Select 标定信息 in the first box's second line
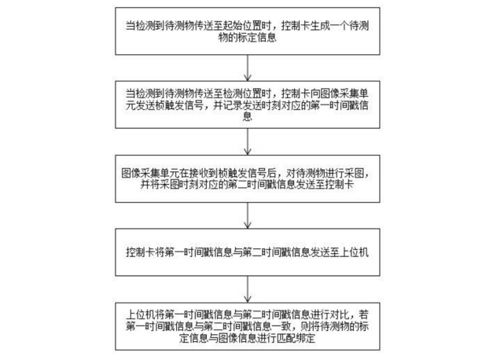257,38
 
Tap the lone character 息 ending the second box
248,116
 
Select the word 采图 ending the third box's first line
354,173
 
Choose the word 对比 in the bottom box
340,314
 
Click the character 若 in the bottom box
364,314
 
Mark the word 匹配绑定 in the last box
296,338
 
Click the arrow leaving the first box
248,68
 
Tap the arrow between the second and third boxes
248,141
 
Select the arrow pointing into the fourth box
248,215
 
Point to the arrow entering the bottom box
248,289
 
